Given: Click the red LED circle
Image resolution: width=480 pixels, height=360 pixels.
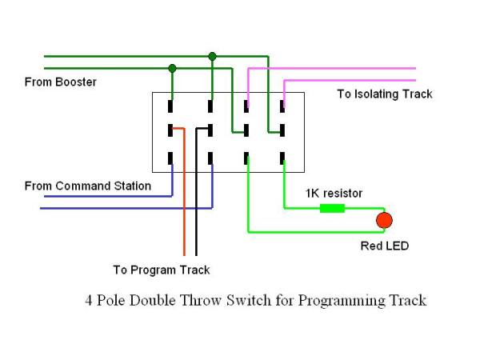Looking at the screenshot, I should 385,219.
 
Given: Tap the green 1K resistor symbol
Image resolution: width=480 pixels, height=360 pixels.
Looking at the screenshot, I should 332,209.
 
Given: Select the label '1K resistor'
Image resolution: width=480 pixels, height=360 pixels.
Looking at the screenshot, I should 334,194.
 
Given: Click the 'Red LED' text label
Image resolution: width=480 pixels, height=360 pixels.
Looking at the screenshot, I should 384,246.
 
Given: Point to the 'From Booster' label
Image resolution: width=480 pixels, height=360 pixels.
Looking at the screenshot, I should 61,82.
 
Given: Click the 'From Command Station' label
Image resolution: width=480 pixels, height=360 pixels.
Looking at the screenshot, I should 88,186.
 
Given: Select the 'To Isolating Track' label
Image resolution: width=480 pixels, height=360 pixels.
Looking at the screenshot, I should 384,94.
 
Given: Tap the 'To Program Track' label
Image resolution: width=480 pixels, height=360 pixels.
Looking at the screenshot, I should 162,270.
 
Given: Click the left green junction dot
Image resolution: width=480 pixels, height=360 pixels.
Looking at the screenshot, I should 172,69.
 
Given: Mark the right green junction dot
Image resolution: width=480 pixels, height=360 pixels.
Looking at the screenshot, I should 212,56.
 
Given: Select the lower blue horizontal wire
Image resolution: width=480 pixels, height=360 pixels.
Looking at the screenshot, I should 120,208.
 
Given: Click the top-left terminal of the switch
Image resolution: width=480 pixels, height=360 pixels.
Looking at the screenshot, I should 171,105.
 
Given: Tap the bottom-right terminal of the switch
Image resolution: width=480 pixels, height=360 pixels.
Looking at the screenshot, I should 283,158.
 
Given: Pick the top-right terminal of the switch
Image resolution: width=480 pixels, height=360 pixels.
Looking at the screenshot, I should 283,105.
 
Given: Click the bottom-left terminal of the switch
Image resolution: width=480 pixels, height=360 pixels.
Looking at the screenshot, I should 171,158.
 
